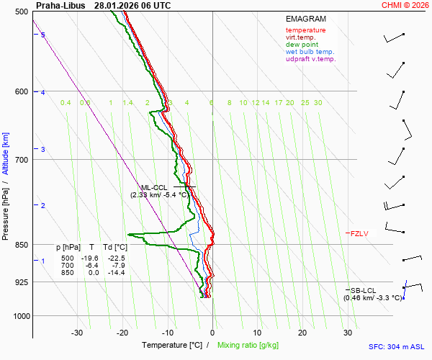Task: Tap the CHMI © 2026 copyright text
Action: pyautogui.click(x=405, y=5)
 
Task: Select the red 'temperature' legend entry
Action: pyautogui.click(x=305, y=30)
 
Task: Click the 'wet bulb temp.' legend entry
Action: pyautogui.click(x=310, y=52)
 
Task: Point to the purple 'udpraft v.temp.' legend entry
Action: pyautogui.click(x=310, y=59)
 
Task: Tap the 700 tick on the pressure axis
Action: pyautogui.click(x=21, y=159)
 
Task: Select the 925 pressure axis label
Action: pyautogui.click(x=21, y=282)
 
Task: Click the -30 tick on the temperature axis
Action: pyautogui.click(x=77, y=333)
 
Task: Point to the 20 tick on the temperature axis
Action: pyautogui.click(x=302, y=333)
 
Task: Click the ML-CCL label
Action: pyautogui.click(x=153, y=187)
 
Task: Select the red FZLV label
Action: pyautogui.click(x=359, y=233)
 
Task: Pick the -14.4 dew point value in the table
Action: pyautogui.click(x=116, y=272)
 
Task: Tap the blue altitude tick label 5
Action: pyautogui.click(x=43, y=35)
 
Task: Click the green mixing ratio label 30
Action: pyautogui.click(x=318, y=103)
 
